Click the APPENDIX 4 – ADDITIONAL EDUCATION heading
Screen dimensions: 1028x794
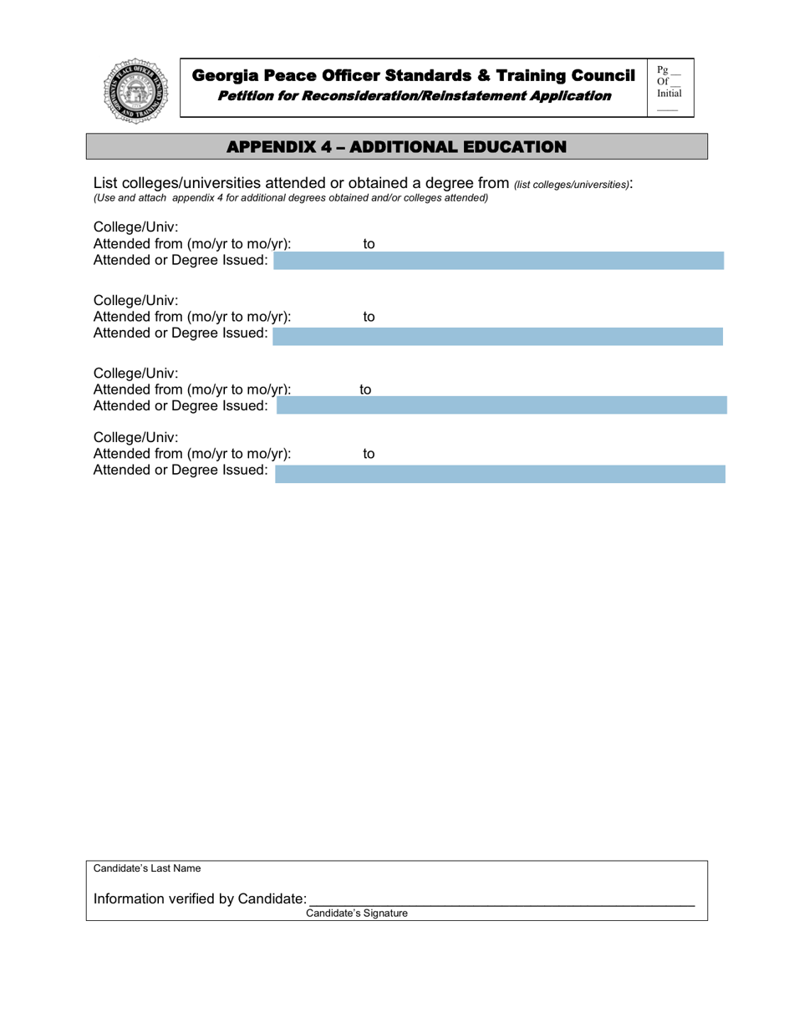397,146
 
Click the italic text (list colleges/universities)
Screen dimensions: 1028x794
572,184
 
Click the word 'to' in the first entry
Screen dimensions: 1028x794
369,244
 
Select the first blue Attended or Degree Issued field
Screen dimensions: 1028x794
499,262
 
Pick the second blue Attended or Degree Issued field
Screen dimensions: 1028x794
498,336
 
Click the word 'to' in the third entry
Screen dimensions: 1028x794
365,389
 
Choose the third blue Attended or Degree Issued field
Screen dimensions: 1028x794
501,406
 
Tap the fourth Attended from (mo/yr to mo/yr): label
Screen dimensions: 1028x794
192,454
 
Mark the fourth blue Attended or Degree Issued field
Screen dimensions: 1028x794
500,474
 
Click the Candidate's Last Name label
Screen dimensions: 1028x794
147,868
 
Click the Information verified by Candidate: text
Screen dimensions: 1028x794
200,898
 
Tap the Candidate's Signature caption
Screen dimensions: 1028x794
357,913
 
